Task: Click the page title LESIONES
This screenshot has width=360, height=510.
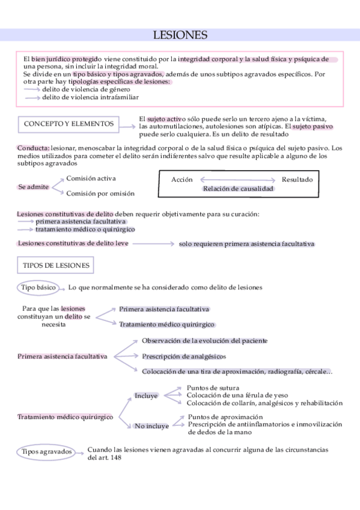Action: click(180, 36)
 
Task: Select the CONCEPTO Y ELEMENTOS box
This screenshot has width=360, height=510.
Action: click(69, 124)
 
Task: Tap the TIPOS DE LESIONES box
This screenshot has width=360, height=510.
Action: click(56, 265)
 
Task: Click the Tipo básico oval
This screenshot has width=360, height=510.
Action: click(38, 287)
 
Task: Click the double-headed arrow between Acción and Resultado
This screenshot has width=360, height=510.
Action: click(237, 179)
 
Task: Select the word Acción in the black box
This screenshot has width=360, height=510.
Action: click(182, 179)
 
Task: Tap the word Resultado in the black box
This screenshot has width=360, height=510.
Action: click(297, 179)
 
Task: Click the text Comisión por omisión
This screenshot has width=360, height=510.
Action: click(100, 194)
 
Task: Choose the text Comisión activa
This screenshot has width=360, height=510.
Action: click(91, 179)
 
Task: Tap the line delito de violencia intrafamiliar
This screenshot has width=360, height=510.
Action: click(90, 97)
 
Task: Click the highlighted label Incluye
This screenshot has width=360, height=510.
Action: click(146, 396)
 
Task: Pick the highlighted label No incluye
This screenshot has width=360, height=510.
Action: click(151, 426)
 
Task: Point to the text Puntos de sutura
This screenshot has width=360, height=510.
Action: click(213, 388)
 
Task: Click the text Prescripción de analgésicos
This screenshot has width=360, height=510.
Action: click(184, 355)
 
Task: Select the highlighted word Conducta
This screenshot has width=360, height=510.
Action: click(33, 148)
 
